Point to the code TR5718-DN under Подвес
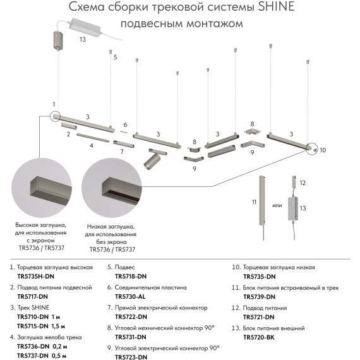click(131, 276)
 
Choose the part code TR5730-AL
click(131, 296)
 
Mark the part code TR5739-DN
click(259, 296)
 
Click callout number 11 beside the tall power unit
click(254, 202)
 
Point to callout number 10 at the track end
click(322, 150)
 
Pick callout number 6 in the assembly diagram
click(125, 124)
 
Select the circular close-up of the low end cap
click(112, 188)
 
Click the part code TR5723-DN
click(131, 357)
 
